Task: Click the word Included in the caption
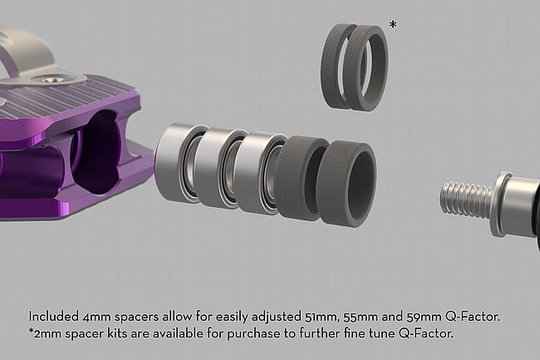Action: coord(53,316)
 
